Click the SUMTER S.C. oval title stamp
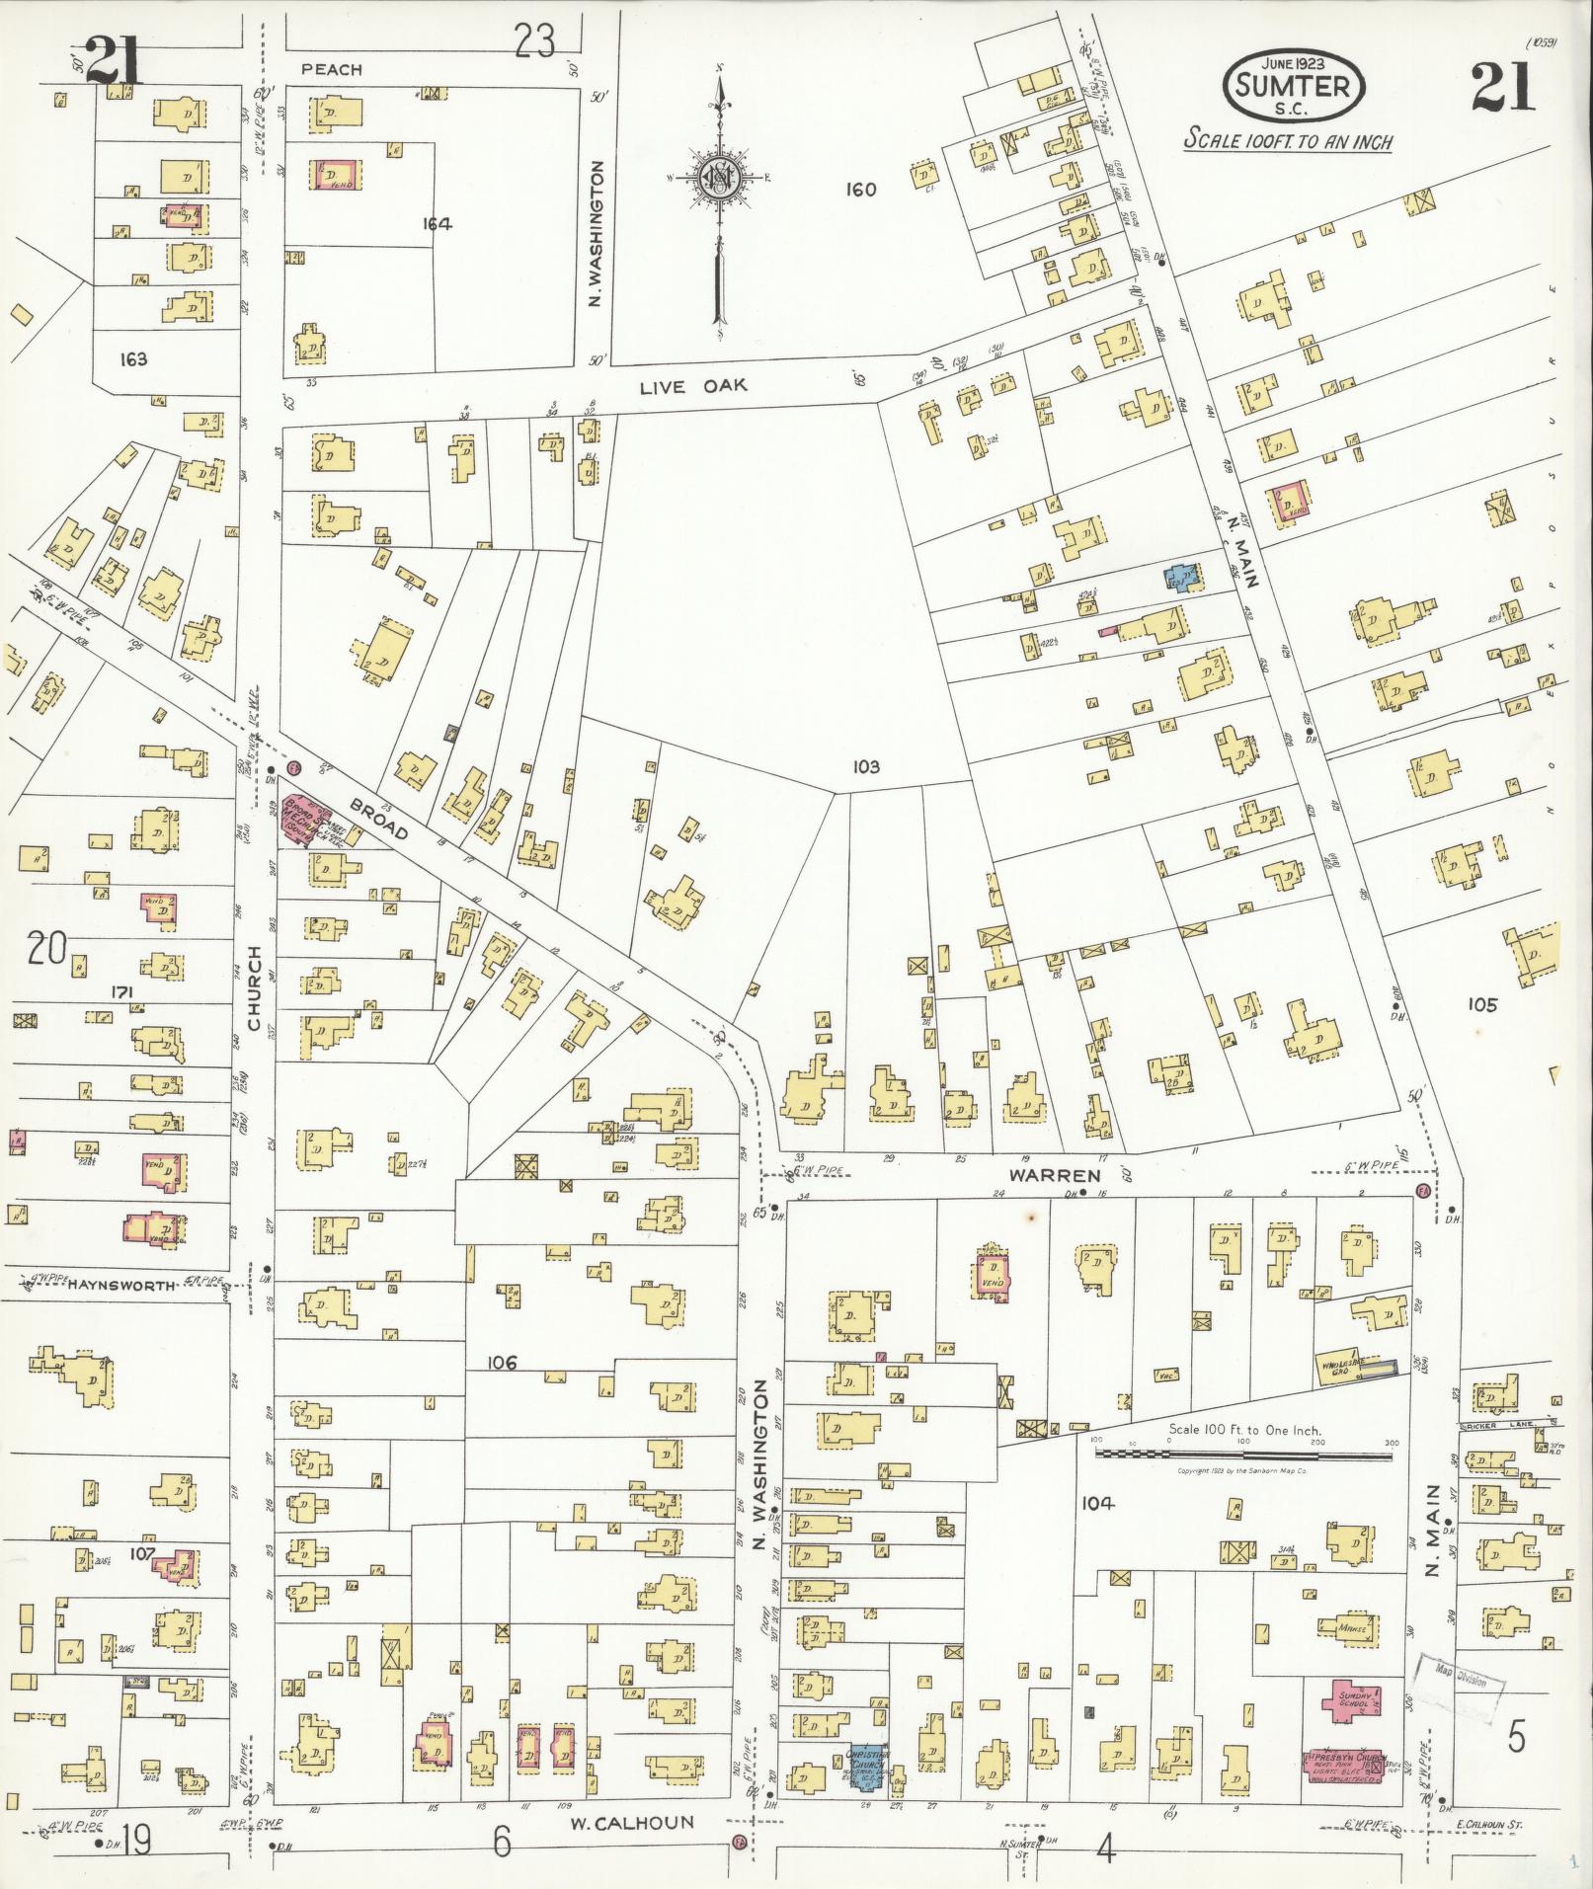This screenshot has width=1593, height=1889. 1293,86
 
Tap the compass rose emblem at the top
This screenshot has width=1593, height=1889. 720,179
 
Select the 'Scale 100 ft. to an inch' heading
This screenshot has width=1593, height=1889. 1288,140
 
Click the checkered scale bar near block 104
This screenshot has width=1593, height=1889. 1244,1453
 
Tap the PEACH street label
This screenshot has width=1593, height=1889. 332,69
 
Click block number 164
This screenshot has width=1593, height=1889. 437,224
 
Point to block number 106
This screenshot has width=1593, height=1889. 502,1363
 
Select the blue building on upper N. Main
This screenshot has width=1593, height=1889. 1180,577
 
